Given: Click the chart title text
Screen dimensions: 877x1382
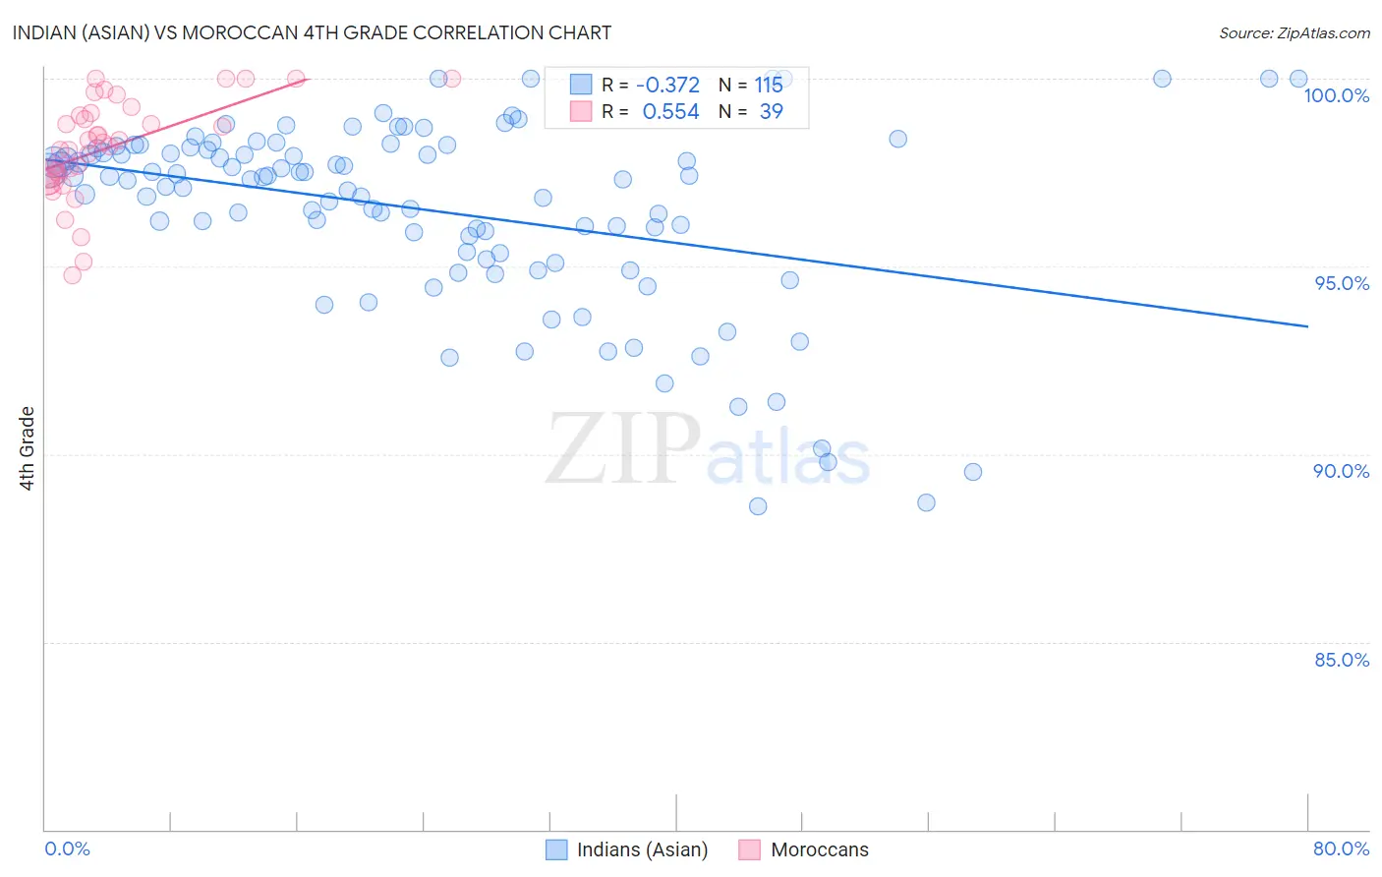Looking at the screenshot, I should tap(312, 32).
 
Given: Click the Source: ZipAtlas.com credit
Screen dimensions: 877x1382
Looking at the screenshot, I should tap(1294, 32).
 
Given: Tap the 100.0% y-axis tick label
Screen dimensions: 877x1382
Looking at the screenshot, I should tap(1336, 95).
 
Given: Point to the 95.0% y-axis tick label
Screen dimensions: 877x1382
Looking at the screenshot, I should tap(1342, 283).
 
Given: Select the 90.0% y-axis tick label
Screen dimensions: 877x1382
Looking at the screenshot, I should tap(1341, 471).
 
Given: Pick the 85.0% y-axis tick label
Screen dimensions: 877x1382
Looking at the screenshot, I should tap(1342, 660).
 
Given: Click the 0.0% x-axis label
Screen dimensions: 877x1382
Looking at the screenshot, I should tap(67, 848).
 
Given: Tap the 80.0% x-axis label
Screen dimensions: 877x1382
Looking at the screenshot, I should tap(1341, 848).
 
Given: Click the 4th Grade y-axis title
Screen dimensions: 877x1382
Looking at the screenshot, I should tap(28, 448).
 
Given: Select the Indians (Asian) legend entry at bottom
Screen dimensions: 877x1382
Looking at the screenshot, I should tap(642, 849).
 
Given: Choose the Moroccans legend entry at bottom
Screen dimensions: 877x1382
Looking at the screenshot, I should tap(819, 849).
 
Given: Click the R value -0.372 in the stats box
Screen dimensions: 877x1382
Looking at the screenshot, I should tap(667, 86).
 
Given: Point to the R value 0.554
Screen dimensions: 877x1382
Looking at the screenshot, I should tap(670, 112).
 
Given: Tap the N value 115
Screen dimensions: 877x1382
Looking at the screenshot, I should tap(769, 86).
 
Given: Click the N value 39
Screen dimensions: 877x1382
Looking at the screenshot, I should tap(771, 112).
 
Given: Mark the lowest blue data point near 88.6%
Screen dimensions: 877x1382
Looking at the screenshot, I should tap(758, 506).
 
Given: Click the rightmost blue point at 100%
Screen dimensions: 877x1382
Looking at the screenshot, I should tap(1298, 79).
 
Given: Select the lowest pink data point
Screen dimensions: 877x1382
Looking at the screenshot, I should tap(72, 275).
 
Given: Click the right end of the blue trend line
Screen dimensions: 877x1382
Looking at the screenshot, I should tap(1307, 325).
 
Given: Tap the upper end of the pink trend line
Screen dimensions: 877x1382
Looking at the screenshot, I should tap(308, 79).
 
